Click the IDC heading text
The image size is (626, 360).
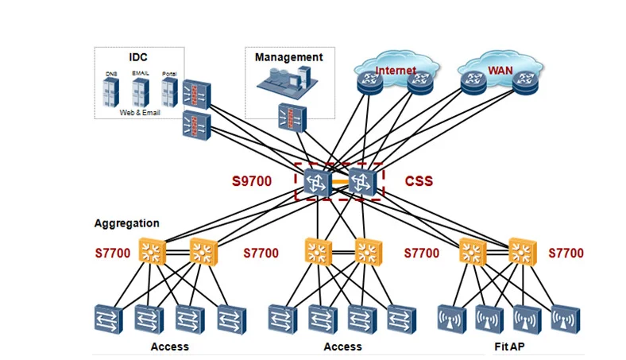(139, 57)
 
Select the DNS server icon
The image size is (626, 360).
(111, 92)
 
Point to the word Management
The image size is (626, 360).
(288, 57)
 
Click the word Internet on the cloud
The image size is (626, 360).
(396, 71)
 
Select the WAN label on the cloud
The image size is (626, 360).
(500, 71)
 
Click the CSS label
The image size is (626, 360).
(419, 181)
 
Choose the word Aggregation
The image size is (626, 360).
(126, 223)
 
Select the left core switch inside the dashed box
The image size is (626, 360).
(317, 181)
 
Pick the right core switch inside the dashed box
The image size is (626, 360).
(361, 181)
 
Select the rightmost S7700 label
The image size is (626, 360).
(566, 254)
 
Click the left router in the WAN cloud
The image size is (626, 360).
(475, 79)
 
